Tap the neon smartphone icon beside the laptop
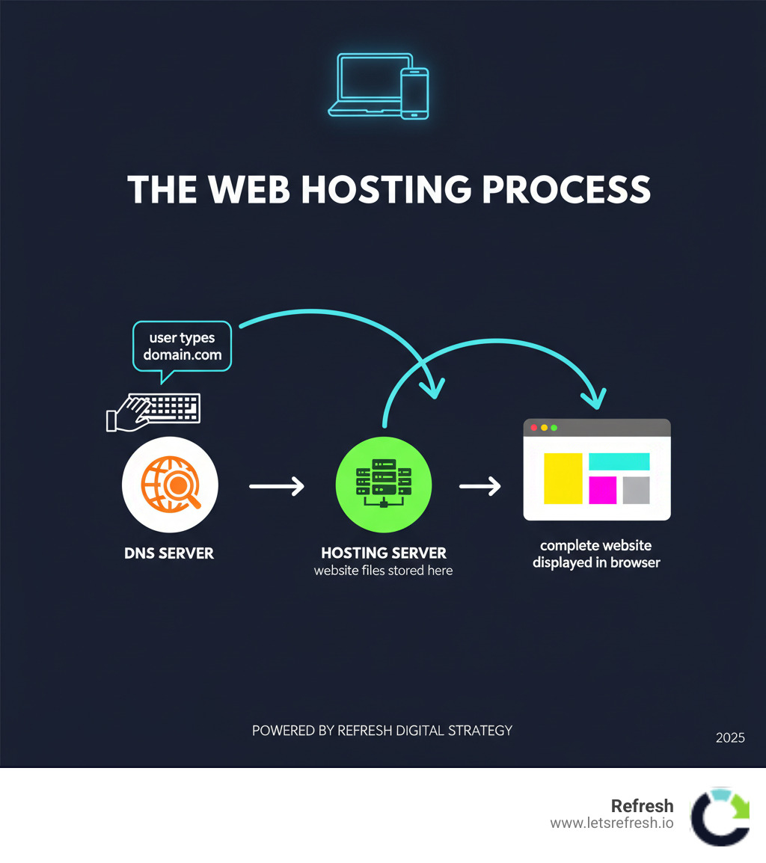coord(414,93)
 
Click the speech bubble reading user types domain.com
coord(182,346)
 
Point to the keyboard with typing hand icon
coord(156,411)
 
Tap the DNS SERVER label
coord(169,554)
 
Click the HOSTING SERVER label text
coord(384,553)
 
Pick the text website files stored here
coord(384,571)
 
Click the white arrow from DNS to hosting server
coord(277,487)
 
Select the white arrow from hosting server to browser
coord(480,487)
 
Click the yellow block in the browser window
coord(563,478)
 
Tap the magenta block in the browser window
coord(602,490)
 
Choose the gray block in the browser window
coord(636,490)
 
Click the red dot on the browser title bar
coord(533,428)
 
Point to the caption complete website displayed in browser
coord(596,554)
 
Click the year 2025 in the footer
coord(730,737)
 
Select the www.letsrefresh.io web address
coord(612,823)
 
